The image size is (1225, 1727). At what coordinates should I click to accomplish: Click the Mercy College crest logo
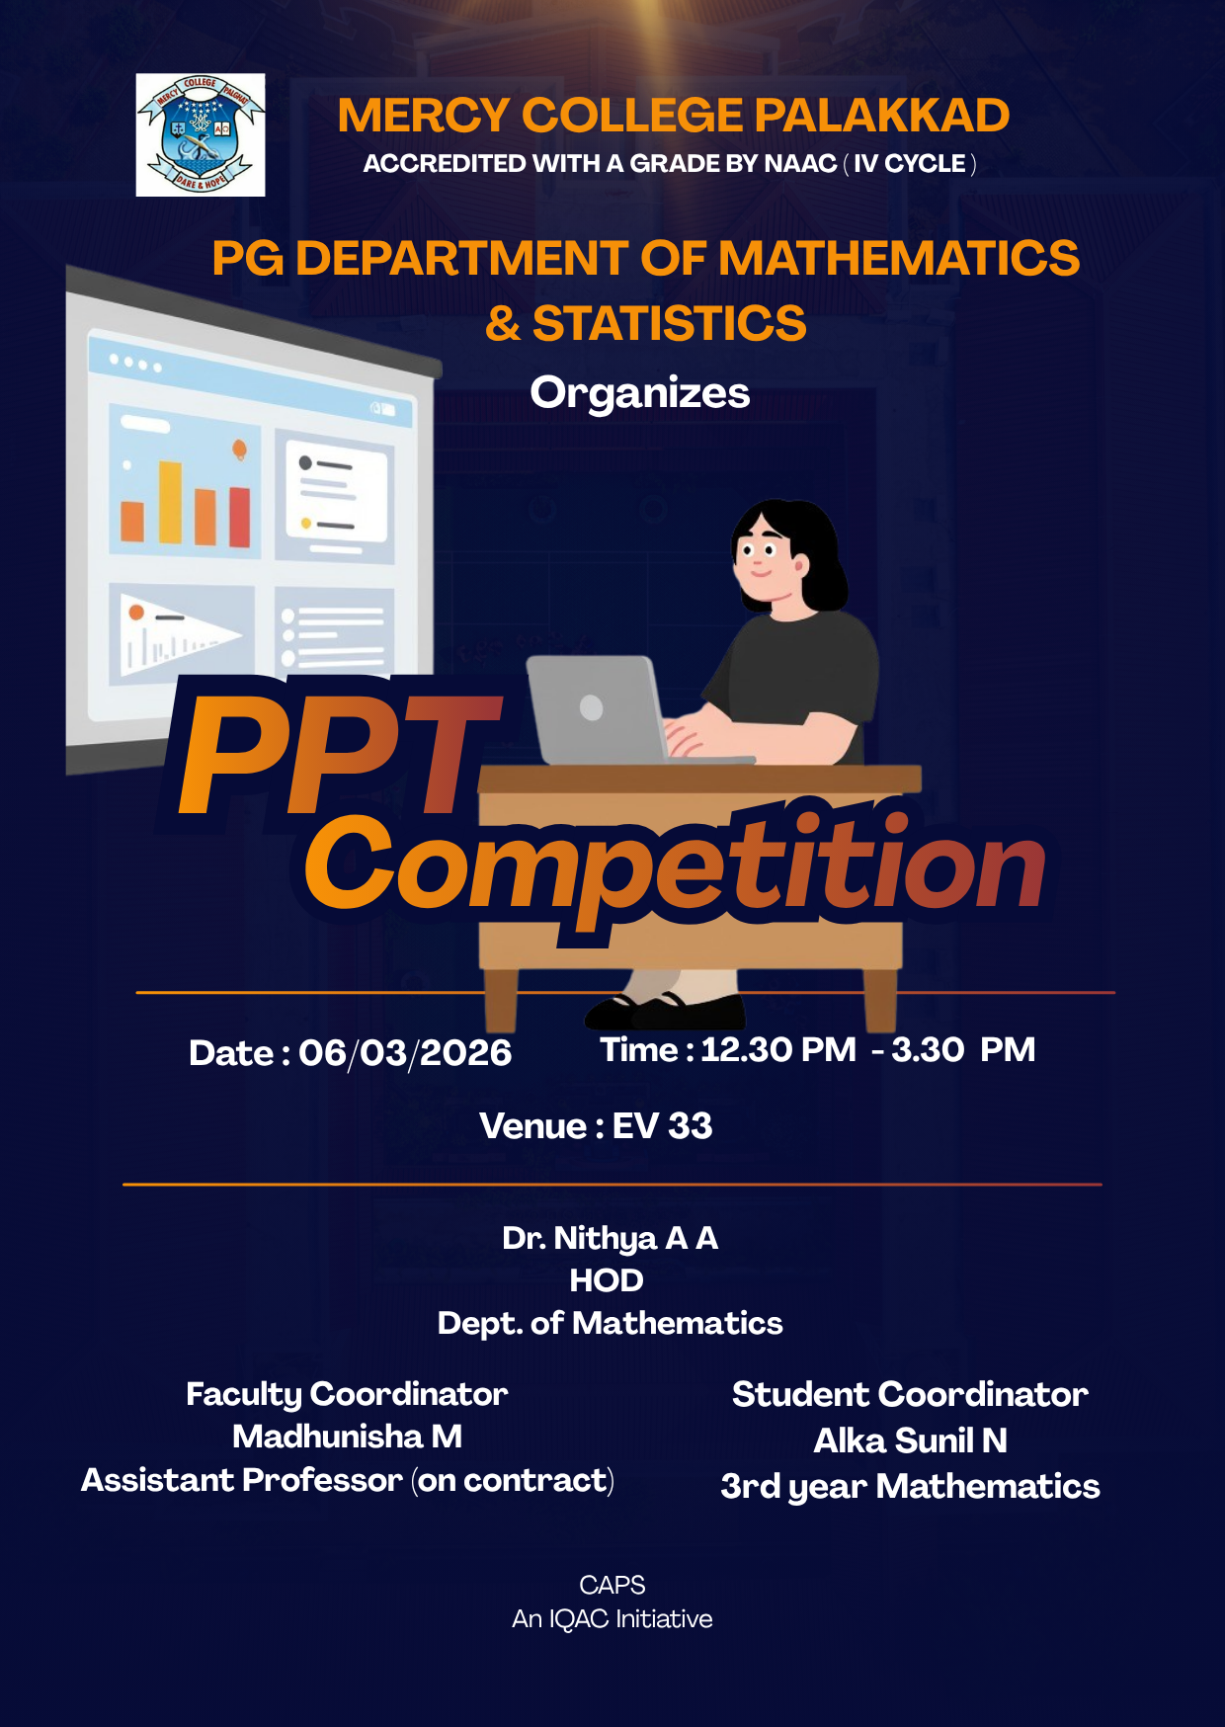201,135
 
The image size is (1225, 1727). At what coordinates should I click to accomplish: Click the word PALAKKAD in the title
881,116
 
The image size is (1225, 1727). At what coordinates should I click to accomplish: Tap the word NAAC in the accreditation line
798,163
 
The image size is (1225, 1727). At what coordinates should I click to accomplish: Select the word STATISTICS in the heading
669,324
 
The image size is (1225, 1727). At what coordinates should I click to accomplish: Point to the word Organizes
639,392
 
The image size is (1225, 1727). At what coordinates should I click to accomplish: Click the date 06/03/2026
405,1053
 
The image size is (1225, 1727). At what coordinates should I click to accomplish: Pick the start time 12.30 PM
778,1049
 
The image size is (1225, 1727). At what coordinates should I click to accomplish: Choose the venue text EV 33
662,1125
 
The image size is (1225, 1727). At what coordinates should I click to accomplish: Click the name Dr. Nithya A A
610,1237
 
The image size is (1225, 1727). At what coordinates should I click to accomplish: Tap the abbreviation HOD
607,1280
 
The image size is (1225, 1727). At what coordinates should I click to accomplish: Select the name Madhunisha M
347,1436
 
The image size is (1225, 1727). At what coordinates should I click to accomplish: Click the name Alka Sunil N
910,1440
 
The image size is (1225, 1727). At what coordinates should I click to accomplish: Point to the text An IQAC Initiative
612,1618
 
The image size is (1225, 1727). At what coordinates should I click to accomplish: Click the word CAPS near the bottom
612,1585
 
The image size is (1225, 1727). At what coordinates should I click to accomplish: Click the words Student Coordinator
910,1394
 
